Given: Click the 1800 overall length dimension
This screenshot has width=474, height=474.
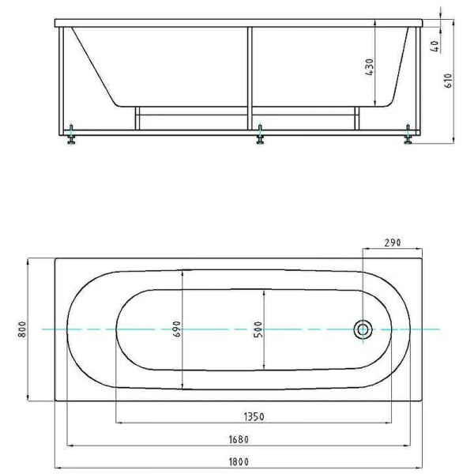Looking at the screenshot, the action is tap(239, 461).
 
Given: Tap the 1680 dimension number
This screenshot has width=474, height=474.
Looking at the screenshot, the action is tap(239, 439).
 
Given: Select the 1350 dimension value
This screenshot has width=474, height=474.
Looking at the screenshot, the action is tap(254, 417).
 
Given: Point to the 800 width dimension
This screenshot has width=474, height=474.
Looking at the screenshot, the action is tap(23, 329).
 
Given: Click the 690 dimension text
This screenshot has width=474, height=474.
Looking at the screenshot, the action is tap(177, 329).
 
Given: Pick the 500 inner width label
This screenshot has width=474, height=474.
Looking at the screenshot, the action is tap(258, 329).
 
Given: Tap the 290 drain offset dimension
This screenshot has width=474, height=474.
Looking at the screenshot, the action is tap(393, 243).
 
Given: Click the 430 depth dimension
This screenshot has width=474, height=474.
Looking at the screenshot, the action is tap(370, 67).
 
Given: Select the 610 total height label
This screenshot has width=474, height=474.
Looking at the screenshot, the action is tap(449, 81).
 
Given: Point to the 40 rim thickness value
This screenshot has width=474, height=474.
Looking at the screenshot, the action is tap(435, 46).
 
